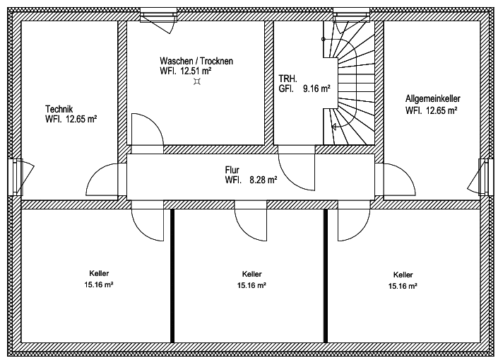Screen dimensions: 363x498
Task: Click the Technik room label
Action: (59, 110)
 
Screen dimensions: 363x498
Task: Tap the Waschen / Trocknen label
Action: (196, 62)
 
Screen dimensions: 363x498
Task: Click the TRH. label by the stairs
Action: (287, 79)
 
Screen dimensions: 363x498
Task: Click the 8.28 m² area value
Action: (263, 180)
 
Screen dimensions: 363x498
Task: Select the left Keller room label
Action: (99, 273)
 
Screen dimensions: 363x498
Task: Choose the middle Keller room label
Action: (251, 274)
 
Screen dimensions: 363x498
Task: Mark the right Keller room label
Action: (403, 275)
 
